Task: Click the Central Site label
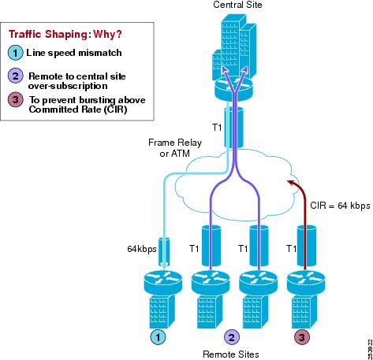pos(237,5)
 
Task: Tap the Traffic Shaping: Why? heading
pos(65,34)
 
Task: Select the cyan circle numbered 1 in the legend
pos(15,53)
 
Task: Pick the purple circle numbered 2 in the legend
pos(16,76)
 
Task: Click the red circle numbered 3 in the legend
pos(16,99)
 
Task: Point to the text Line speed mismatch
pos(74,53)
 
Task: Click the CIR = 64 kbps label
pos(340,206)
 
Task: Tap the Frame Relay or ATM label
pos(175,147)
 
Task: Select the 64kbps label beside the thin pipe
pos(142,249)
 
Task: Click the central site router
pos(233,89)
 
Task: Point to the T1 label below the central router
pos(217,128)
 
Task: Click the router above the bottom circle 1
pos(163,283)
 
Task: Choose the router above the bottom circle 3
pos(306,283)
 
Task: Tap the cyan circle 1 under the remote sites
pos(158,337)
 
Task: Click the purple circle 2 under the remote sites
pos(231,337)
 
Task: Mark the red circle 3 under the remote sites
pos(302,337)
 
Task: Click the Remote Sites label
pos(231,354)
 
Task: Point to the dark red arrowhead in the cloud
pos(290,182)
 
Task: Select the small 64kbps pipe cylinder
pos(164,252)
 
